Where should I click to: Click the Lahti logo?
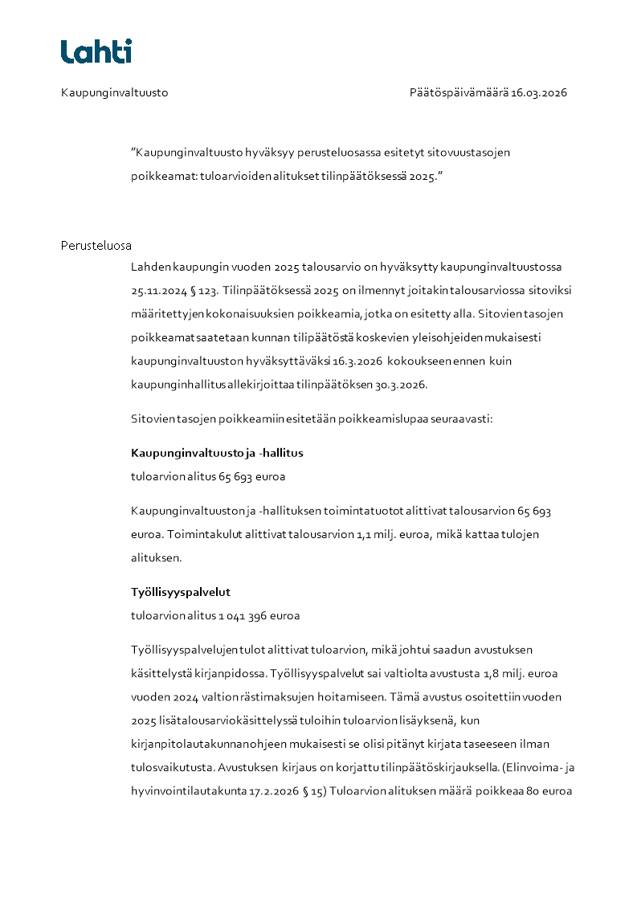tap(96, 51)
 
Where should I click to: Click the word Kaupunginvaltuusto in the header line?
tap(114, 92)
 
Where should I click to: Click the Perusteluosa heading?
tap(96, 245)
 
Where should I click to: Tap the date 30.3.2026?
tap(402, 385)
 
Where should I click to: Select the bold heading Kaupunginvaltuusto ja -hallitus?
tap(217, 454)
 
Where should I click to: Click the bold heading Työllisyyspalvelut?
tap(181, 593)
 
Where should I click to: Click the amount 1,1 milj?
tap(382, 534)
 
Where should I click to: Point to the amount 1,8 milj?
tap(488, 673)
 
